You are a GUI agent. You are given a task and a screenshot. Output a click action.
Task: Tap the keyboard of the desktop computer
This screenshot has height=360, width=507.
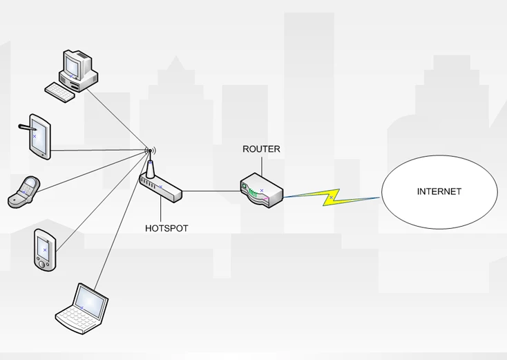pyautogui.click(x=59, y=92)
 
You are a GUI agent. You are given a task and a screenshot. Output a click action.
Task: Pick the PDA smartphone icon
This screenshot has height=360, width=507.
pyautogui.click(x=44, y=250)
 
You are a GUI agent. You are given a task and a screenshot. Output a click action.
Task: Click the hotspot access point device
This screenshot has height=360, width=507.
pyautogui.click(x=160, y=186)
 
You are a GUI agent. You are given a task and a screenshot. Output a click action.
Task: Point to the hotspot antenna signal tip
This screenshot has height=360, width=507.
pyautogui.click(x=149, y=151)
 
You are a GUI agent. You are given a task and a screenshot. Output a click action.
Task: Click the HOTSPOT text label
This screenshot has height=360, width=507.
pyautogui.click(x=166, y=228)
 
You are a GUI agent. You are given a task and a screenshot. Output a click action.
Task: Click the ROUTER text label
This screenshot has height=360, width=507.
pyautogui.click(x=261, y=149)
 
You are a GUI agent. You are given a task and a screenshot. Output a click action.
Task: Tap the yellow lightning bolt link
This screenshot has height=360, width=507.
pyautogui.click(x=332, y=198)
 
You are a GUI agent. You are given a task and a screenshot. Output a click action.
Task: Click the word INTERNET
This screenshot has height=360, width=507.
pyautogui.click(x=439, y=192)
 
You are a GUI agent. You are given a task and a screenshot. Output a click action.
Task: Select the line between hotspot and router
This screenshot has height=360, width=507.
pyautogui.click(x=211, y=191)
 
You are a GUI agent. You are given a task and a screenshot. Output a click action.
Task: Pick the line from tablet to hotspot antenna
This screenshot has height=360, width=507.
pyautogui.click(x=97, y=151)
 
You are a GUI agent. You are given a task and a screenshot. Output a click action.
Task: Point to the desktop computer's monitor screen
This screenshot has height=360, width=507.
pyautogui.click(x=72, y=64)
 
